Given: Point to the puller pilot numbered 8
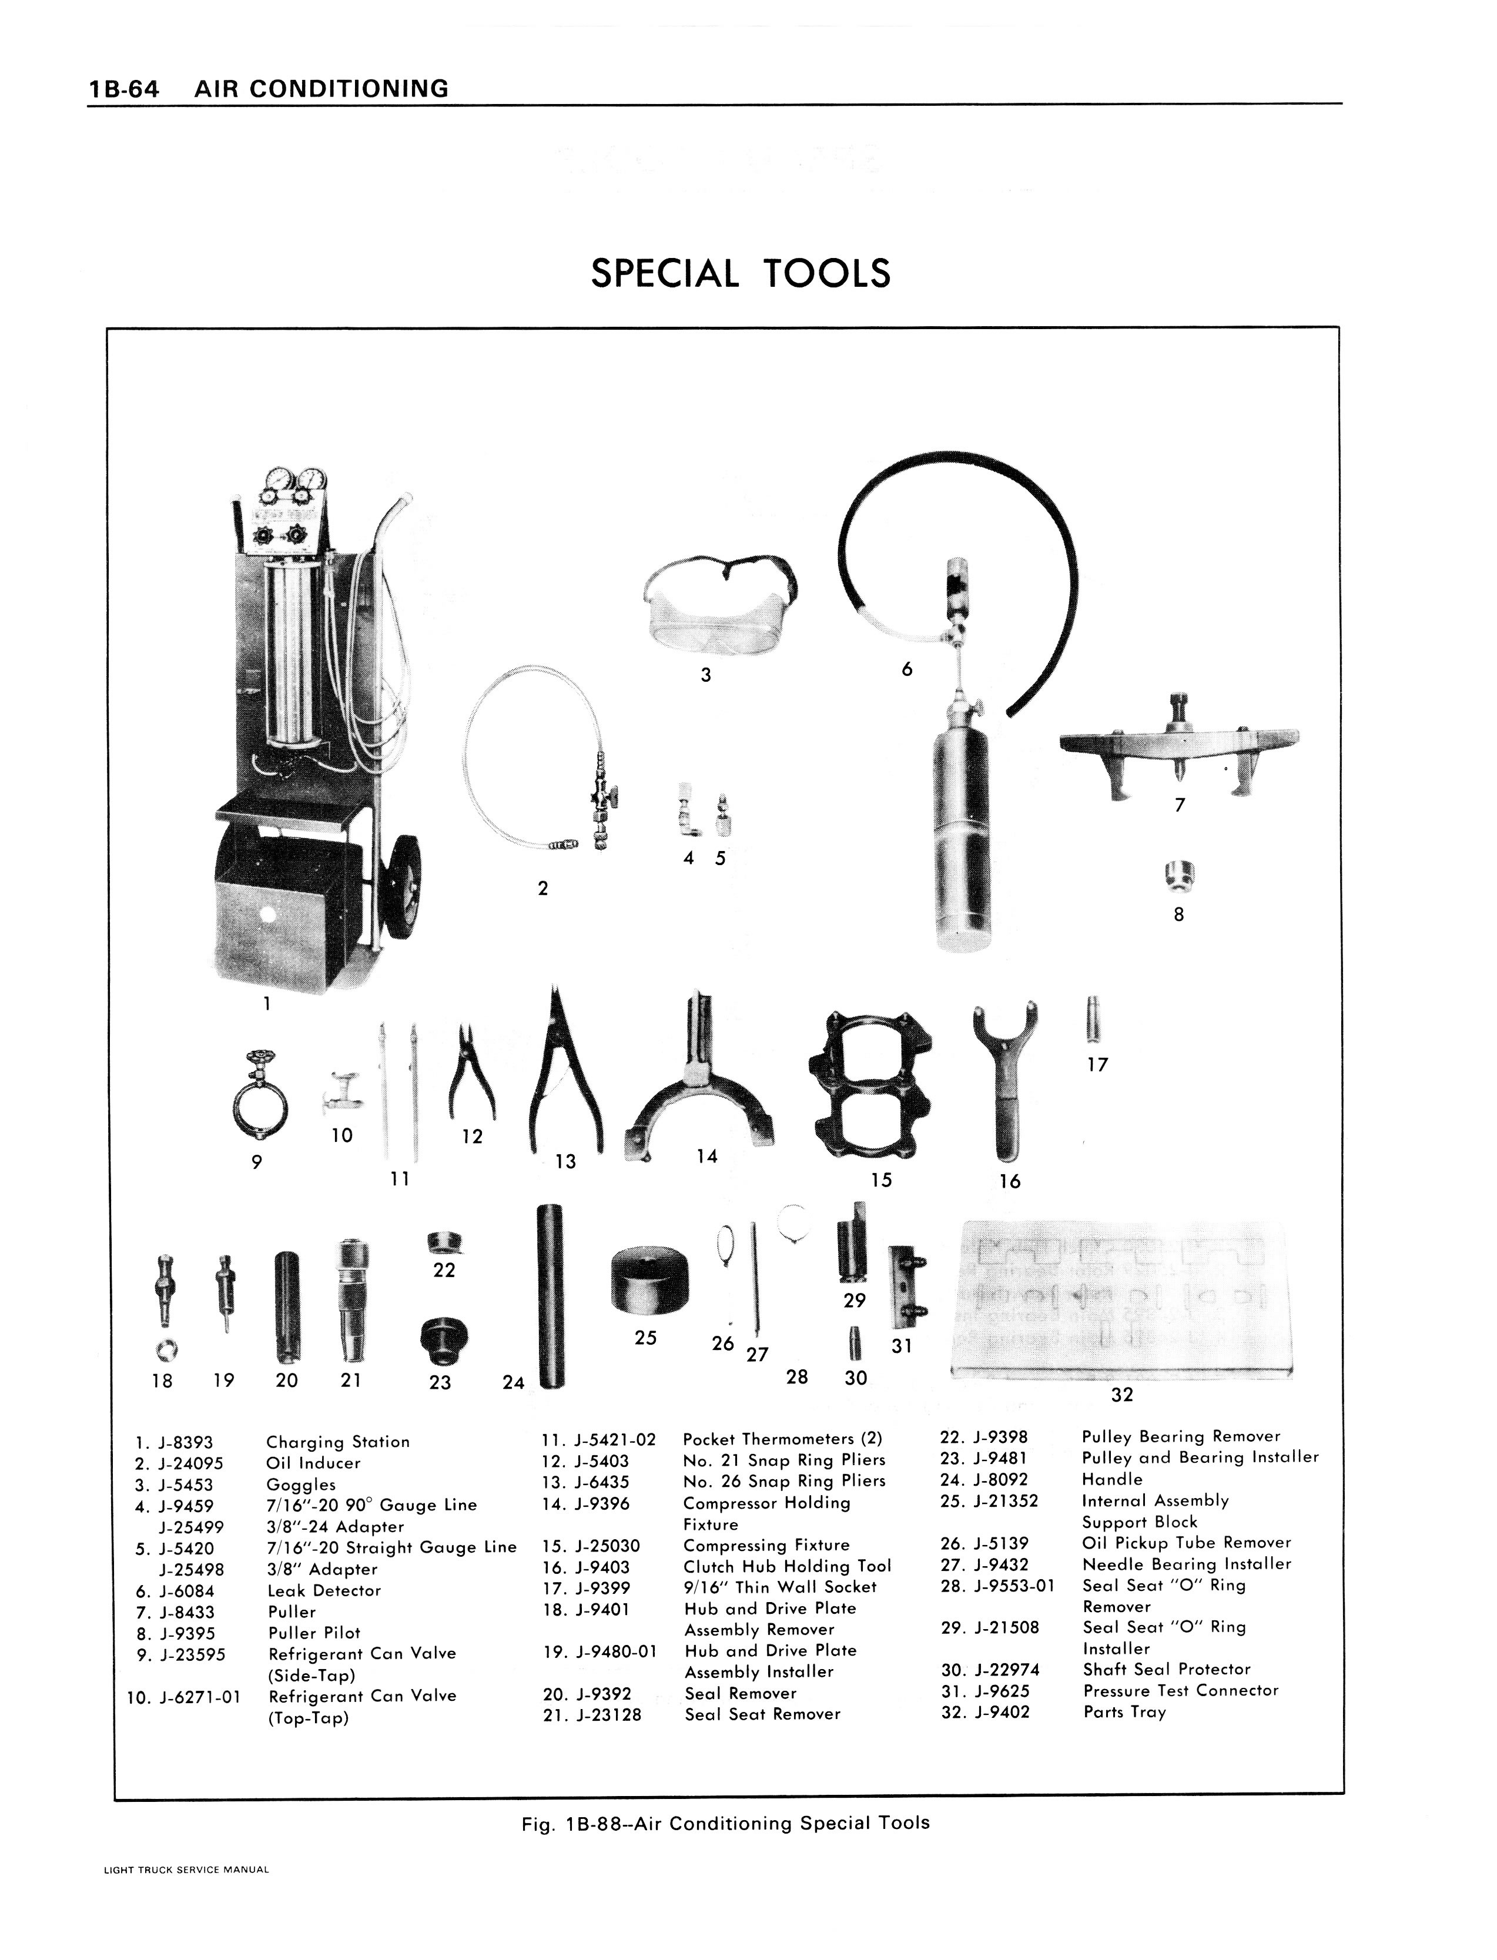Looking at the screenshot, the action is [x=1180, y=876].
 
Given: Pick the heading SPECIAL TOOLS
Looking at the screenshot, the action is [x=741, y=273].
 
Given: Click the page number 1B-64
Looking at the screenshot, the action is [x=123, y=89].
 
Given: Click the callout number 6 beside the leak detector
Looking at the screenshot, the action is [x=907, y=669].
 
